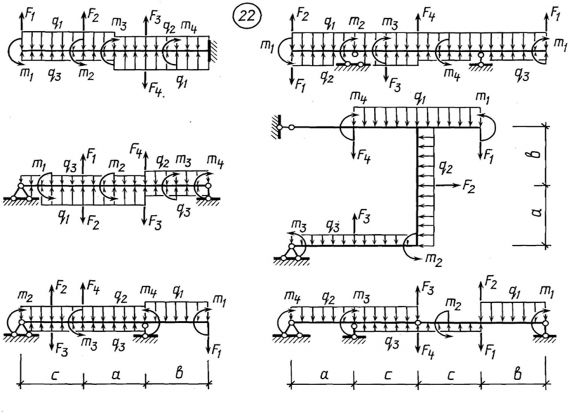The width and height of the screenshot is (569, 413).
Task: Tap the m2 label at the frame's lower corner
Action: coord(434,259)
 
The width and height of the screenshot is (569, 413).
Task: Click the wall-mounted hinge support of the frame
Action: coord(280,127)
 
